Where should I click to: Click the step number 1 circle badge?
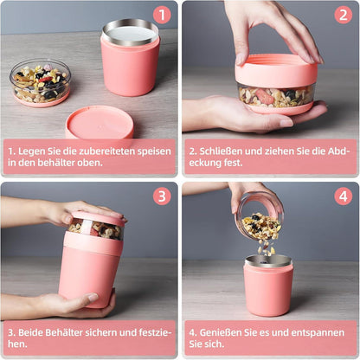[x=162, y=15]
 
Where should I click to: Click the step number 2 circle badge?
[x=343, y=15]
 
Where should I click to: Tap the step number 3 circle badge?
[x=162, y=196]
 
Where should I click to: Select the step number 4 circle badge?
[x=343, y=196]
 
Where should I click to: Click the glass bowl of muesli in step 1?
[x=40, y=81]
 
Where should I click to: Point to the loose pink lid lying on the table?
[x=100, y=122]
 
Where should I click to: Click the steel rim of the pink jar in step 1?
[x=130, y=33]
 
